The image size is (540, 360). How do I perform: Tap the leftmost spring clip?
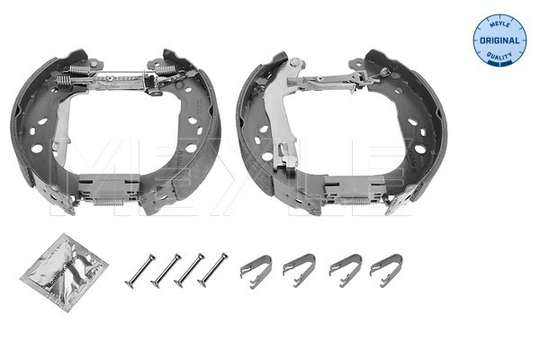256,267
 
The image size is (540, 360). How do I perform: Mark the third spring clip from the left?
345,267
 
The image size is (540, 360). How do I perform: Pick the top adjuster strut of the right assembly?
333,81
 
